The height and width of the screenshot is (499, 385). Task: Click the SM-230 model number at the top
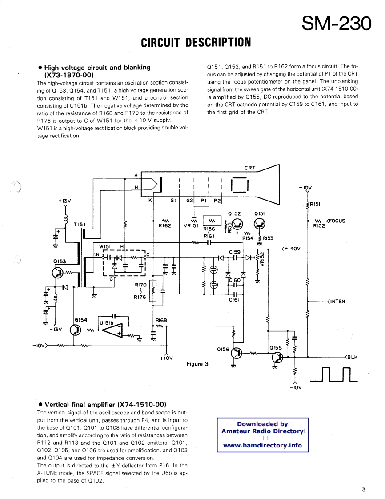click(336, 23)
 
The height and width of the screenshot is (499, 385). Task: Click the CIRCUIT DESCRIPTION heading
click(196, 43)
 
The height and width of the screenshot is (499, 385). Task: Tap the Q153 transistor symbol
click(59, 273)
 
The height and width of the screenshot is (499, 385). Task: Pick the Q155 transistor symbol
click(277, 357)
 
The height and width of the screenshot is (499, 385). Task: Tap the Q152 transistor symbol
click(238, 225)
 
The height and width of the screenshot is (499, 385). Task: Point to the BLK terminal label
click(352, 357)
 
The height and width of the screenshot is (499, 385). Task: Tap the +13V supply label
click(64, 201)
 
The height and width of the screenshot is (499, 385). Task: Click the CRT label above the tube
click(250, 168)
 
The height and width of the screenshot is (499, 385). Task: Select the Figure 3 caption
click(197, 364)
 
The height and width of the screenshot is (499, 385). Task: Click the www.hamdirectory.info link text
click(262, 445)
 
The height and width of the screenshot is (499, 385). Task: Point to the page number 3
click(363, 490)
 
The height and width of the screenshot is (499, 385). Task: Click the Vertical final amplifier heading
click(105, 405)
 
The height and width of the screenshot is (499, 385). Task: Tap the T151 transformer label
click(80, 225)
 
